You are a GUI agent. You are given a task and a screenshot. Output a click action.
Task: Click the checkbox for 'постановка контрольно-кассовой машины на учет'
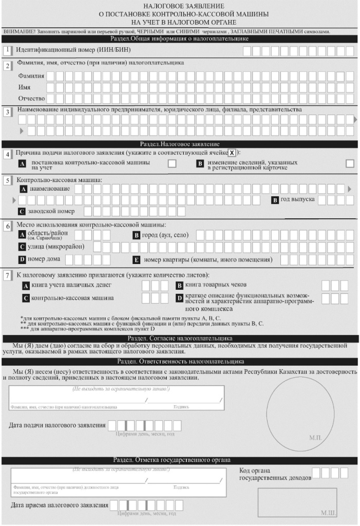[x=172, y=163]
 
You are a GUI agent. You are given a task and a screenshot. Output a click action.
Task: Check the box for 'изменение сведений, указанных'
[x=350, y=163]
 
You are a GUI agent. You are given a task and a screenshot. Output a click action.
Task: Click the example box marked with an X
[x=232, y=153]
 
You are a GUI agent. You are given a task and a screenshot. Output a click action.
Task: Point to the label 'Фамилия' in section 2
[x=31, y=76]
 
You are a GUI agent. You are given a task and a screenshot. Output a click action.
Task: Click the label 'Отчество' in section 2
[x=31, y=98]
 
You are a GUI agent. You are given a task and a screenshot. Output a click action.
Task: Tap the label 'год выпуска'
[x=297, y=199]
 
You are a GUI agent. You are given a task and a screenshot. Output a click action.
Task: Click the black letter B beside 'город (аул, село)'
[x=137, y=235]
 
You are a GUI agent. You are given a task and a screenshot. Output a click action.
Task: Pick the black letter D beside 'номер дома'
[x=22, y=259]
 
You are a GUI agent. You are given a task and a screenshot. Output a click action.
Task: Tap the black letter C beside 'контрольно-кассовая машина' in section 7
[x=26, y=298]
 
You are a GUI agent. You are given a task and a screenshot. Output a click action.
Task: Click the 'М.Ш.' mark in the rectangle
[x=327, y=513]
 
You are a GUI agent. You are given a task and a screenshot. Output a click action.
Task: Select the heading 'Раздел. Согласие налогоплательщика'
[x=180, y=339]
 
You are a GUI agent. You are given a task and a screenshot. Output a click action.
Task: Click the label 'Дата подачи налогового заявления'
[x=58, y=425]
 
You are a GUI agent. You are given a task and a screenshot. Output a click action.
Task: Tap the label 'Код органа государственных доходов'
[x=275, y=474]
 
